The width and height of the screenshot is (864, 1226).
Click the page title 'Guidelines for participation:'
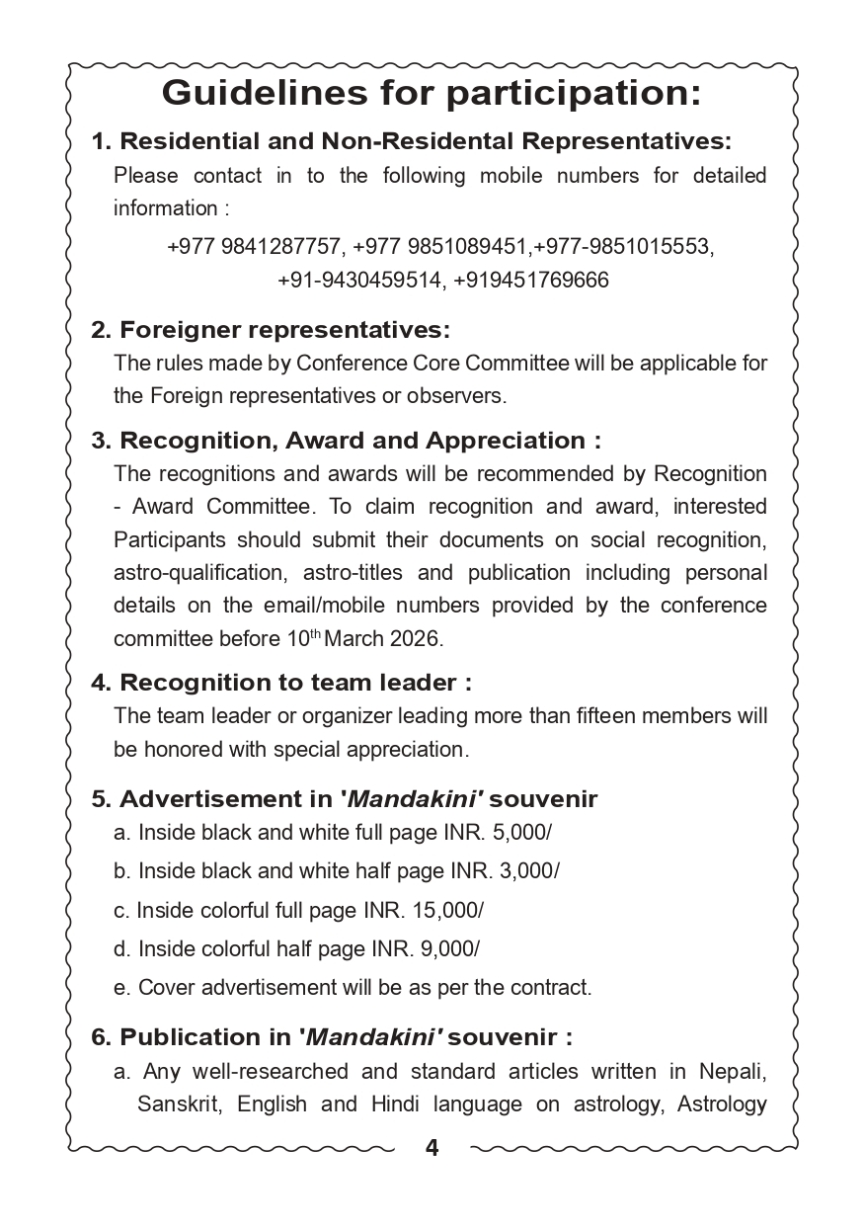432,93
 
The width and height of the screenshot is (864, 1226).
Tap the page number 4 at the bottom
432,1147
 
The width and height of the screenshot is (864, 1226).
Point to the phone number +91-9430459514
359,281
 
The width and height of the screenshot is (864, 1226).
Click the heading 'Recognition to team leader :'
281,683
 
